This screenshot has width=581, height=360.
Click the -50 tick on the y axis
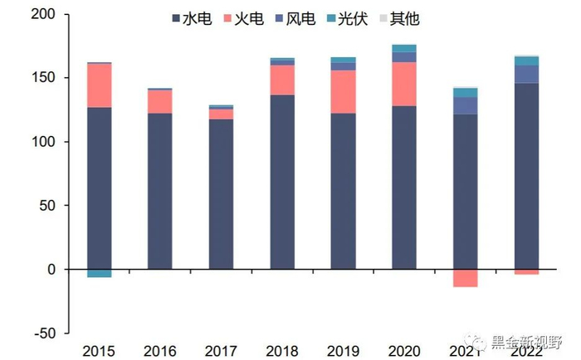pyautogui.click(x=41, y=333)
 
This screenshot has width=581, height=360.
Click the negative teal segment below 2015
pyautogui.click(x=99, y=273)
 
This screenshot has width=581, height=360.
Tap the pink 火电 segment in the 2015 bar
pyautogui.click(x=99, y=85)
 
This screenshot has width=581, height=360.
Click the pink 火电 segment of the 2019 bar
pyautogui.click(x=343, y=91)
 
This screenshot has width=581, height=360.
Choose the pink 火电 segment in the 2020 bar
pyautogui.click(x=403, y=84)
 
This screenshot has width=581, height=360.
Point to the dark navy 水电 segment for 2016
pyautogui.click(x=160, y=191)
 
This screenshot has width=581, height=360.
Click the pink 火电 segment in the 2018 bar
pyautogui.click(x=282, y=80)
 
